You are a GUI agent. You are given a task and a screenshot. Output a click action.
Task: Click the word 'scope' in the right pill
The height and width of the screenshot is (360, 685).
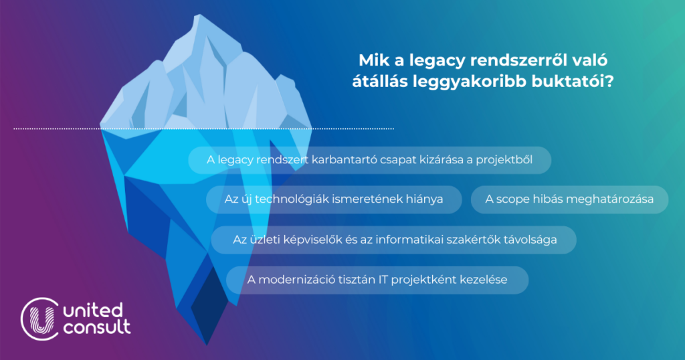click(x=512, y=199)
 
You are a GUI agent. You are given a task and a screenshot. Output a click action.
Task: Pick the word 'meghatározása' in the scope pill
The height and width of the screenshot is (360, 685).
click(x=611, y=199)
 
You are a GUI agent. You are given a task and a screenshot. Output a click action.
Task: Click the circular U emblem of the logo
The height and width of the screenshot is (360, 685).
click(x=40, y=319)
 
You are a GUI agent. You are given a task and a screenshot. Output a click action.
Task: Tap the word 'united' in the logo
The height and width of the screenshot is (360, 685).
click(x=93, y=310)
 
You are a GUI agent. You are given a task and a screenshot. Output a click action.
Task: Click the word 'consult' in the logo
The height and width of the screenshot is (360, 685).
click(x=97, y=327)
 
